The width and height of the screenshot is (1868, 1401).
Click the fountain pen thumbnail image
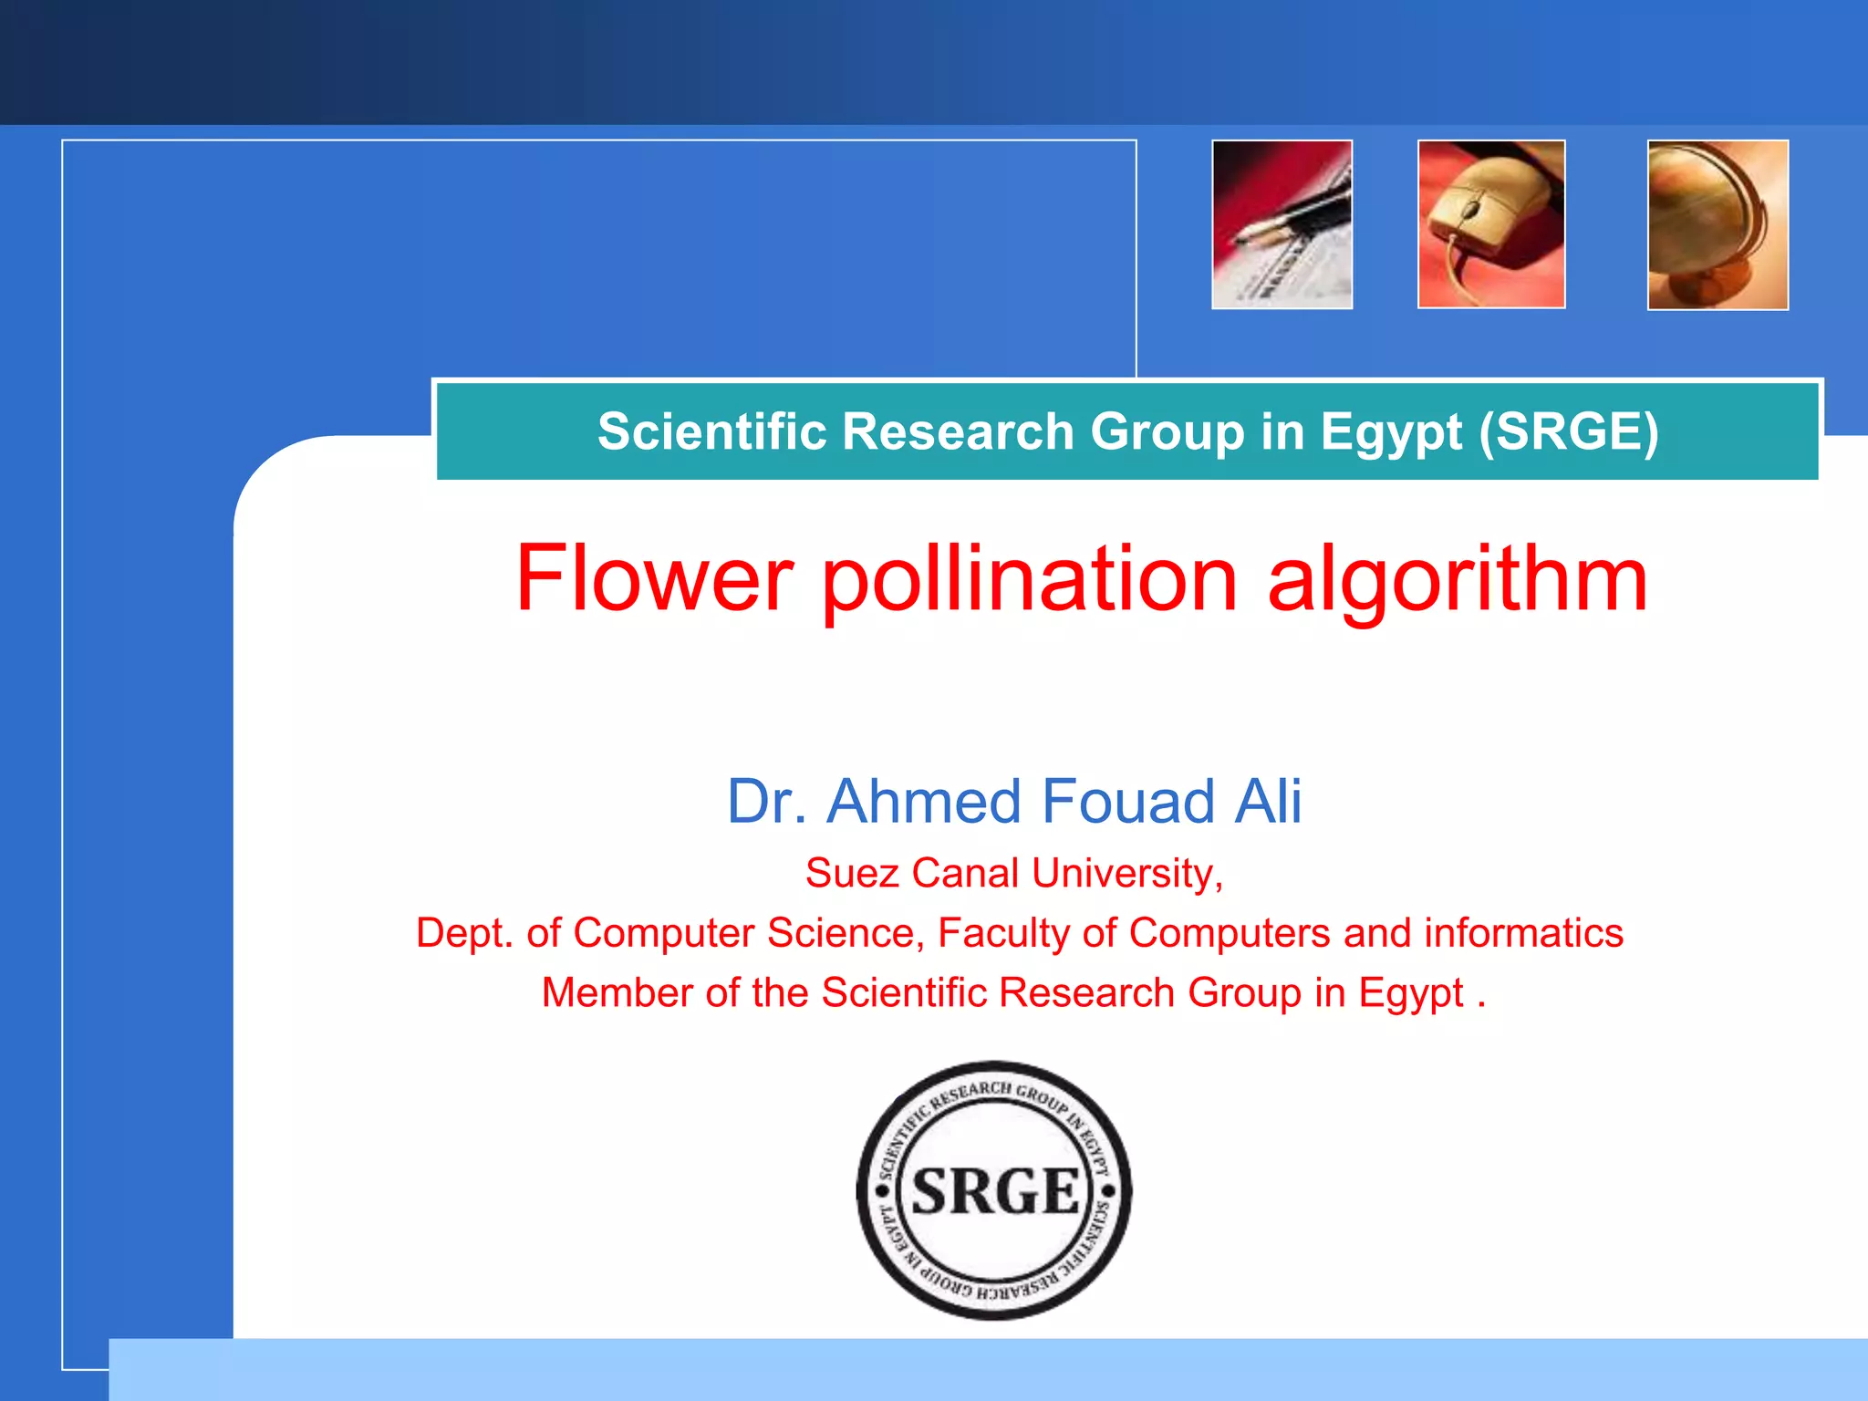(1282, 224)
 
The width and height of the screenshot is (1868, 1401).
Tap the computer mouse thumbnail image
(1491, 224)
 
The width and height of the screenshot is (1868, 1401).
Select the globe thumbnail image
(1718, 224)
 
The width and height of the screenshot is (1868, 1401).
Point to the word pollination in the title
(1030, 580)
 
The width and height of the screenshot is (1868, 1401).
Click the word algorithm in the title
(1458, 580)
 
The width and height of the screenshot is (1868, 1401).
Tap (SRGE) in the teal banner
(1568, 431)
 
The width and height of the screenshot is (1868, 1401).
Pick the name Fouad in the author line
(1127, 802)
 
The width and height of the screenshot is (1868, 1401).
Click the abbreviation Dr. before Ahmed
(767, 802)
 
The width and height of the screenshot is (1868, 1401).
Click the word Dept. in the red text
(464, 933)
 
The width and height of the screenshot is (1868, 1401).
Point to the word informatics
(1523, 933)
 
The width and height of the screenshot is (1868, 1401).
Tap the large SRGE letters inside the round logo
(995, 1191)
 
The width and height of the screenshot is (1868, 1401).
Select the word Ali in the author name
(1268, 802)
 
